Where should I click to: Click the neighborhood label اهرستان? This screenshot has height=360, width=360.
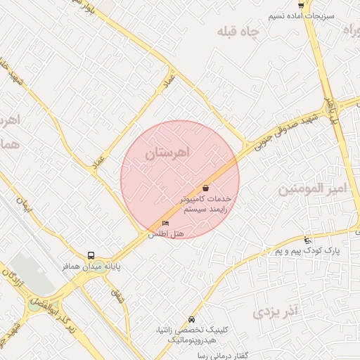(x=171, y=153)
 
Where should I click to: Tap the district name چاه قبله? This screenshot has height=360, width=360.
(x=239, y=32)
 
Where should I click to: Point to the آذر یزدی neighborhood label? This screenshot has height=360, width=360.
(x=276, y=310)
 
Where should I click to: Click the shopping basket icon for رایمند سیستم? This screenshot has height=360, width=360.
(x=205, y=188)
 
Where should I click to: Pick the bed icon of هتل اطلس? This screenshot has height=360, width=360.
(x=166, y=224)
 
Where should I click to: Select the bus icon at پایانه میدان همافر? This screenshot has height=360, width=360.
(x=91, y=256)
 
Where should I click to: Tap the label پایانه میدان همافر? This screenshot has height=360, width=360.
(x=89, y=267)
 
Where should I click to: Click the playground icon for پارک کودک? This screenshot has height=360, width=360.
(x=307, y=240)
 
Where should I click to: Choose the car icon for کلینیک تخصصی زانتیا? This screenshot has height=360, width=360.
(x=192, y=319)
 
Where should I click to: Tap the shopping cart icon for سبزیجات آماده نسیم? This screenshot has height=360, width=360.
(x=301, y=5)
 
